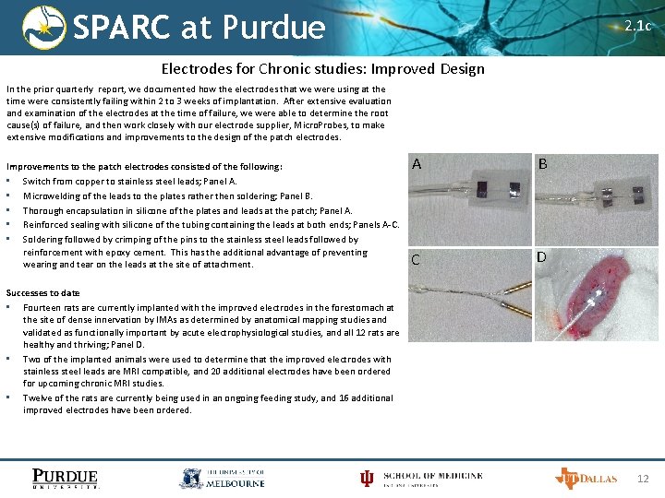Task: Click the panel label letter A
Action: pos(417,164)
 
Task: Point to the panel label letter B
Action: pos(543,164)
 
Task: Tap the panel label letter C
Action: pos(416,260)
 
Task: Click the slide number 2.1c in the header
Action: pos(637,26)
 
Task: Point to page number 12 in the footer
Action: pos(644,478)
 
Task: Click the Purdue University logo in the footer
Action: pos(65,478)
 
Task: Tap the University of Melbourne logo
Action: pos(222,478)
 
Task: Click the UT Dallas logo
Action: pos(585,478)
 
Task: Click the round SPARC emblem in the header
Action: pos(44,27)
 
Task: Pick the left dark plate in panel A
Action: pos(482,189)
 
